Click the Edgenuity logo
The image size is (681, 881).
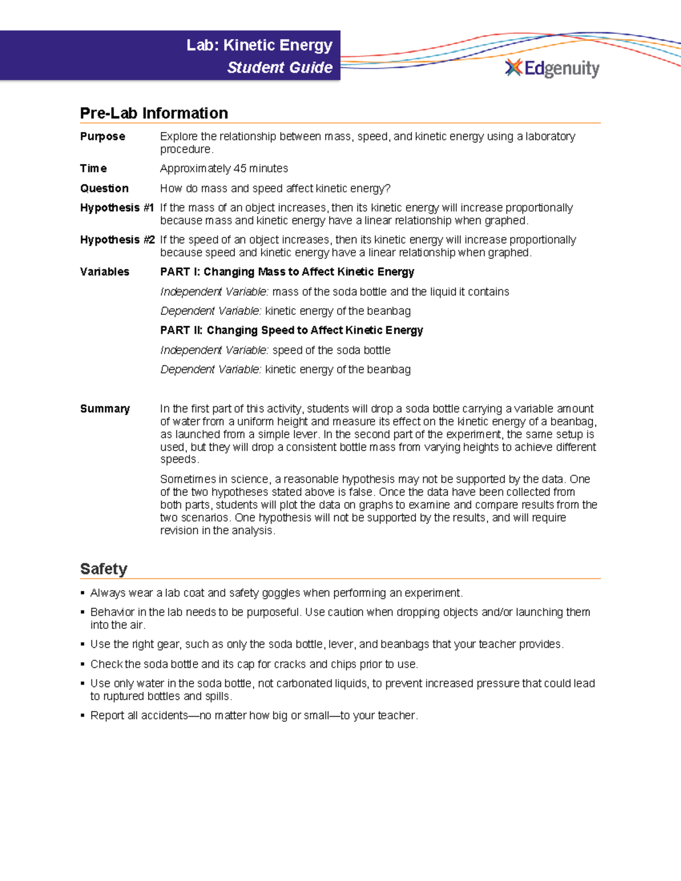point(552,69)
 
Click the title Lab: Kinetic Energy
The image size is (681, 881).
point(259,45)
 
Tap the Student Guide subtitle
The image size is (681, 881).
point(280,68)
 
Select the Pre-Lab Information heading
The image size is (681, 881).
point(154,113)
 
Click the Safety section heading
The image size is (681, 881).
point(103,569)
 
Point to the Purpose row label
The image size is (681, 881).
point(103,137)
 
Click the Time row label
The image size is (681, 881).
point(93,168)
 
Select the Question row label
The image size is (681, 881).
point(104,188)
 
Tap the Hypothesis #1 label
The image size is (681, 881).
point(117,208)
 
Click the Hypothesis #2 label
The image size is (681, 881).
point(117,240)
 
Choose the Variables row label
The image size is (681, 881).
point(104,272)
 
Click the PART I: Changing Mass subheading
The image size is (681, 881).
point(287,272)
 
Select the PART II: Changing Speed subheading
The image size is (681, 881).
point(292,330)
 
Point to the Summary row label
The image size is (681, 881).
point(105,409)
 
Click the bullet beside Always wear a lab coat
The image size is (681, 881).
point(83,593)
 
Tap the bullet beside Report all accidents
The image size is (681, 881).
point(83,716)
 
